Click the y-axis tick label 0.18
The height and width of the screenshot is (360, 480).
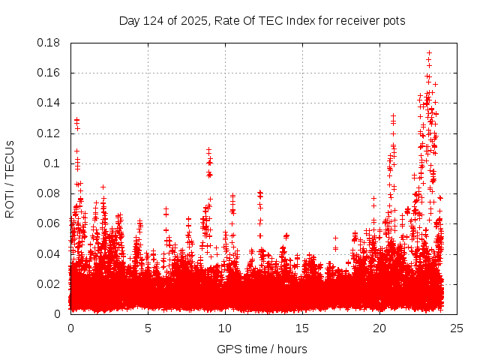coord(49,43)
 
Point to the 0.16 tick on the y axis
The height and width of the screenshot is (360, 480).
coord(49,73)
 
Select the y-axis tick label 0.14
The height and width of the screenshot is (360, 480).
coord(49,103)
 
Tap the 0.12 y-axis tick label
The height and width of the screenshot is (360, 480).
coord(49,133)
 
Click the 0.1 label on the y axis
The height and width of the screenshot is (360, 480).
coord(52,163)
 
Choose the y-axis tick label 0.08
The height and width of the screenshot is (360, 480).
coord(49,193)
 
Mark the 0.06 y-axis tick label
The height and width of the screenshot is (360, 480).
coord(49,223)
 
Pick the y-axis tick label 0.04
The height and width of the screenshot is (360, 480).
coord(49,253)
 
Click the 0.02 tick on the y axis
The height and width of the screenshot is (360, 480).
coord(49,283)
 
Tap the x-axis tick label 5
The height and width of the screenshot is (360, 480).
coord(148,328)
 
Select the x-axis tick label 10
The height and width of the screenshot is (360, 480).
coord(224,328)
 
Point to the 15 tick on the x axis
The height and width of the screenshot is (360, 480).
coord(301,328)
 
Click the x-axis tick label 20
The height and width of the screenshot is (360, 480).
coord(379,328)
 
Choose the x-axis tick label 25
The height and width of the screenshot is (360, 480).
coord(456,328)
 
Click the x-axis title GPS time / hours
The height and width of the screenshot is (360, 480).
coord(262,349)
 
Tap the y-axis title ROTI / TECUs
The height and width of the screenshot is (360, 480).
coord(10,178)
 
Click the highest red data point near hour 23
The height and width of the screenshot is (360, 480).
coord(429,53)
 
